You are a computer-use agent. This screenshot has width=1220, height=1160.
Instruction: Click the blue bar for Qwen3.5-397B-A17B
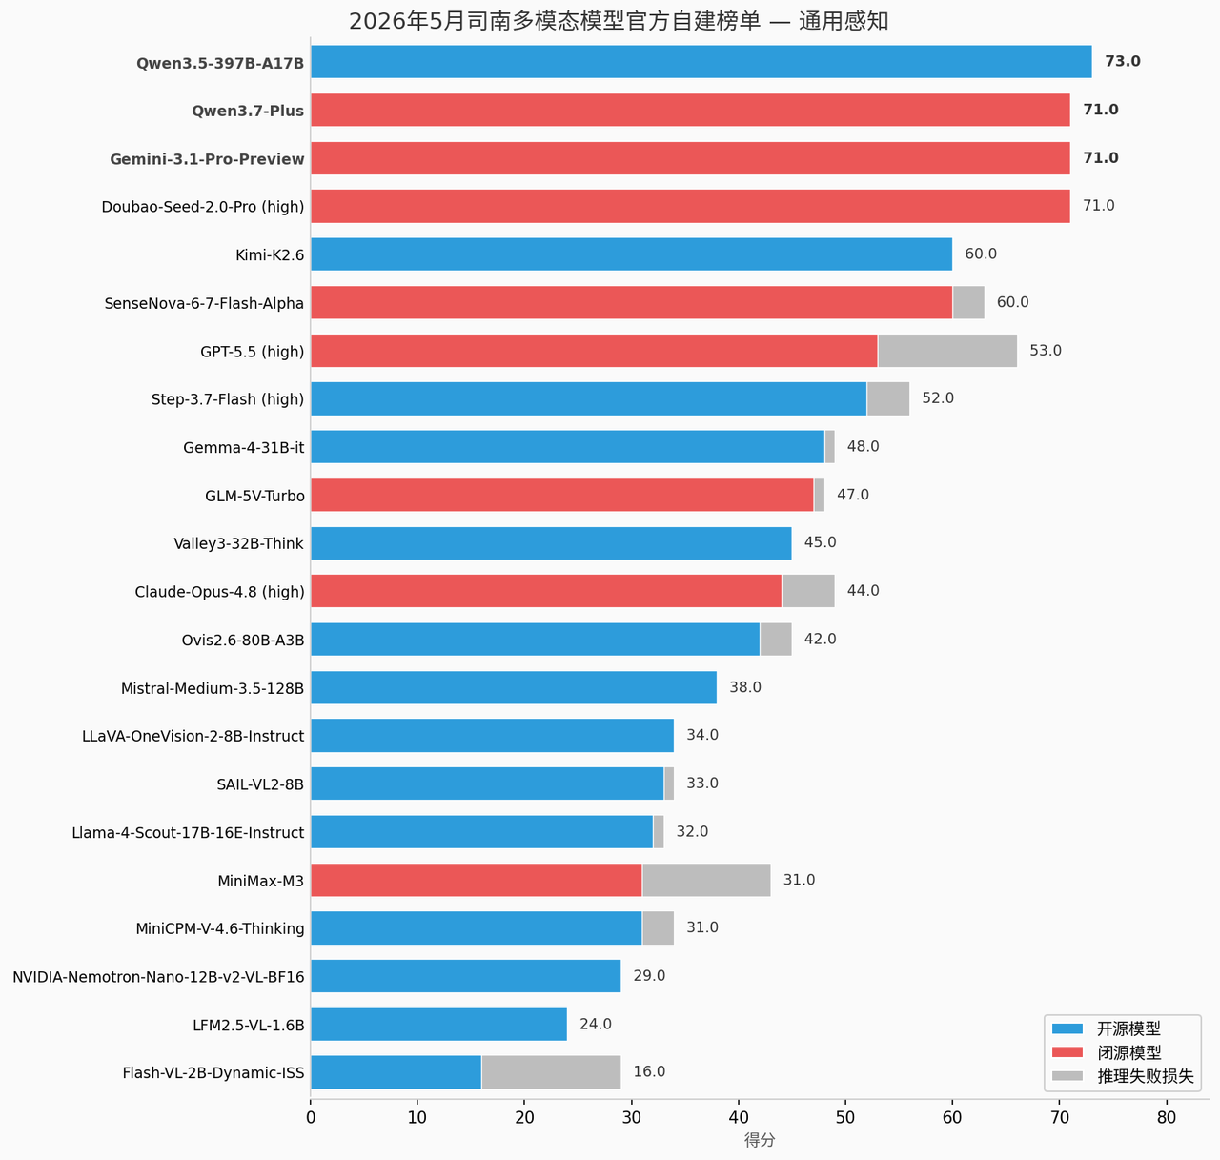tap(701, 61)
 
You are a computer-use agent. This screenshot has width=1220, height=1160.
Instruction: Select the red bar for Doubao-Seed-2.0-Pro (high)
tap(691, 206)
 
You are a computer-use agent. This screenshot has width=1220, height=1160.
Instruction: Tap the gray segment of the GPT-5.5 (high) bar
tap(947, 351)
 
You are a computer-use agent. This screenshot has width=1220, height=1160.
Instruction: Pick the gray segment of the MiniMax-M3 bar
tap(706, 880)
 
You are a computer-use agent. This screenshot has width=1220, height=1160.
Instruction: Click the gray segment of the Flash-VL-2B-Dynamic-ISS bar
tap(551, 1072)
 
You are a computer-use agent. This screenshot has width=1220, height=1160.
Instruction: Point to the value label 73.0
tap(1123, 61)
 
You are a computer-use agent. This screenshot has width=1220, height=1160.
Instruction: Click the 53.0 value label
tap(1046, 351)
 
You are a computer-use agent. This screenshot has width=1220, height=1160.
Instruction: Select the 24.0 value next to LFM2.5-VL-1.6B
tap(596, 1024)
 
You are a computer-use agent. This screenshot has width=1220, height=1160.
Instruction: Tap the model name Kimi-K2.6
tap(270, 255)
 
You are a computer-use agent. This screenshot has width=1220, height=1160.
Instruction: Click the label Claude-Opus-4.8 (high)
tap(219, 592)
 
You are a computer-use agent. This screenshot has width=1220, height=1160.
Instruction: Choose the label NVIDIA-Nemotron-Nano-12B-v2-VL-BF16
tap(159, 977)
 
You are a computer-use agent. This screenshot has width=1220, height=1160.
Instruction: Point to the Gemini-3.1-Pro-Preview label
tap(207, 159)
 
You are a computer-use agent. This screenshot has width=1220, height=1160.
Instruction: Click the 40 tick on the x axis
tap(739, 1118)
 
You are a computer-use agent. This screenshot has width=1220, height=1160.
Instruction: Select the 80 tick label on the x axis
tap(1167, 1118)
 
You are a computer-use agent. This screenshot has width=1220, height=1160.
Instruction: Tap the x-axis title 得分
tap(760, 1140)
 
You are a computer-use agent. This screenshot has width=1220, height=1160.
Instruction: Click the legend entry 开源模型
tap(1128, 1029)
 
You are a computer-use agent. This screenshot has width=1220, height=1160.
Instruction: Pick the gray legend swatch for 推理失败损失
tap(1067, 1076)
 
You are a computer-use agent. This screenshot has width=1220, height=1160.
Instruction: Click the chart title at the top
tap(619, 21)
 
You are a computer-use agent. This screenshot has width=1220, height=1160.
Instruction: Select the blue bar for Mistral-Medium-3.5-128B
tap(514, 687)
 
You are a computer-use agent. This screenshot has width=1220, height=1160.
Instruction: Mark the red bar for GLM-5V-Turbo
tap(562, 496)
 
